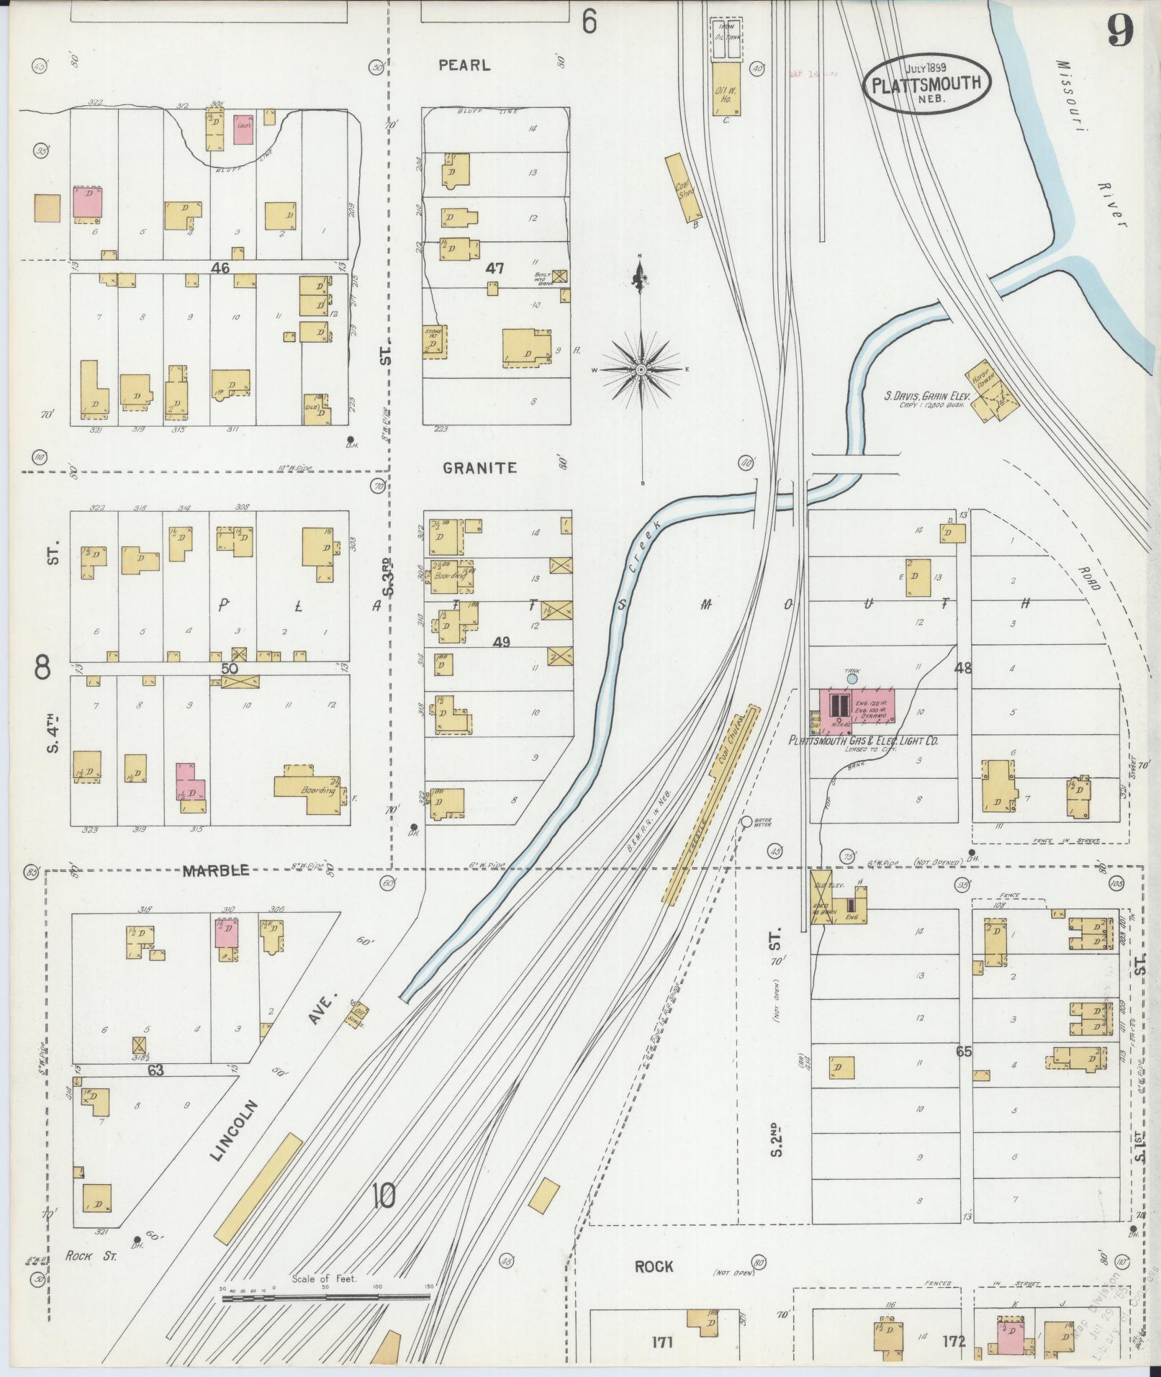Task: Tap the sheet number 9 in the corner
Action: click(1121, 30)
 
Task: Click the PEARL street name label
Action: click(464, 66)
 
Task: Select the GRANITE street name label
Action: click(479, 468)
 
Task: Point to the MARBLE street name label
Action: click(216, 871)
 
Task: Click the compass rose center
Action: click(641, 369)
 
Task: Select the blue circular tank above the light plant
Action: click(852, 678)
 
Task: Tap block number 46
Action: click(220, 268)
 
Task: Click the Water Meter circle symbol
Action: click(746, 821)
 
